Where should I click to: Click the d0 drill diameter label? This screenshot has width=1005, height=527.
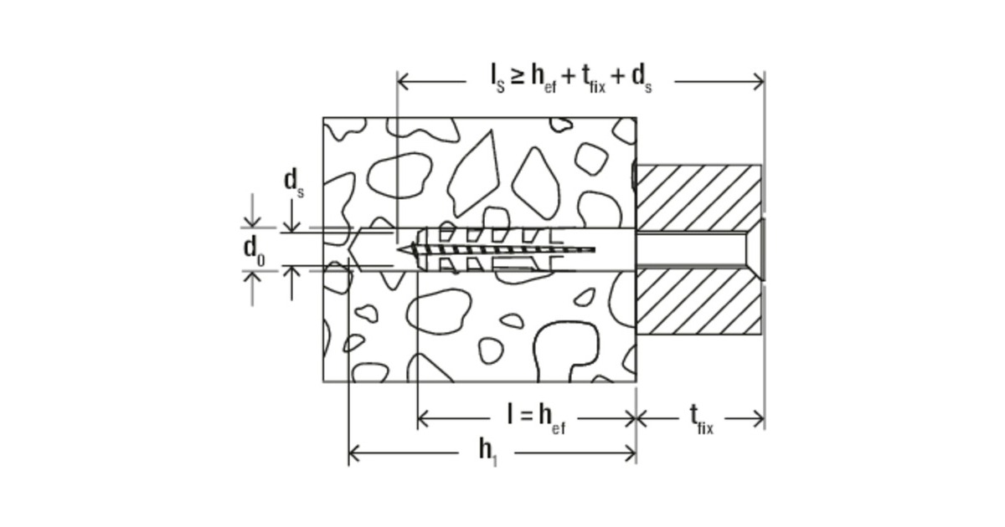(x=254, y=252)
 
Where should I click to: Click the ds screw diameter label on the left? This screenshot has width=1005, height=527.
(x=294, y=183)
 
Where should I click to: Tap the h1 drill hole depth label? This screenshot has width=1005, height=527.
(x=488, y=453)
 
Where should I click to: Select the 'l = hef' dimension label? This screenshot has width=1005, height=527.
(x=536, y=419)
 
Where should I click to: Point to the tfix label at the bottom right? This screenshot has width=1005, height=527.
(x=701, y=419)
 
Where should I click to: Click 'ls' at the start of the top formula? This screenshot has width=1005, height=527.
(x=497, y=79)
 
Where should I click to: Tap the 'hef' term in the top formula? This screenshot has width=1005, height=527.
(x=544, y=79)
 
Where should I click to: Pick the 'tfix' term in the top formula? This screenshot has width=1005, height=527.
(x=594, y=79)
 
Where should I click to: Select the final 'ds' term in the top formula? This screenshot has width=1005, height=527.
(x=642, y=79)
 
